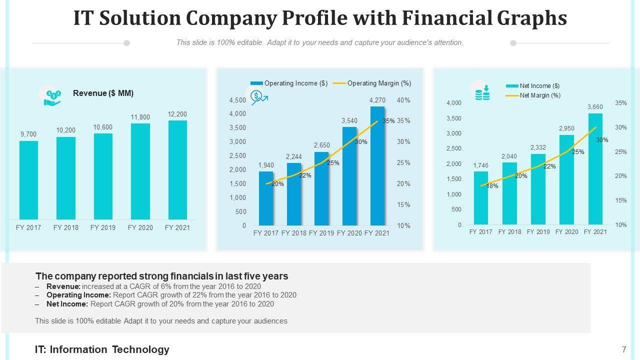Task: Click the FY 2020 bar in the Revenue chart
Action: (x=140, y=171)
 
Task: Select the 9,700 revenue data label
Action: (x=28, y=134)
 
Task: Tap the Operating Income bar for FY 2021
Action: (x=377, y=166)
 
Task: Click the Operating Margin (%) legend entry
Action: (x=378, y=83)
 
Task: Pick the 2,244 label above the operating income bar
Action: (x=294, y=157)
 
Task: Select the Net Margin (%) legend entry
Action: (x=539, y=95)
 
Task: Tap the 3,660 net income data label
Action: (x=595, y=107)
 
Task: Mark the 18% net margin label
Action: (x=492, y=186)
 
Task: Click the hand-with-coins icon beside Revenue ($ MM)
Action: (x=52, y=95)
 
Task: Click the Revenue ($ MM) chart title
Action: (x=103, y=93)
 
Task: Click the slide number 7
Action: (x=624, y=349)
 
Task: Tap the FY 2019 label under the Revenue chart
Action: (x=103, y=227)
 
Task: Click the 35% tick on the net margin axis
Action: (x=620, y=103)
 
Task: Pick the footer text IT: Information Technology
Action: (x=102, y=349)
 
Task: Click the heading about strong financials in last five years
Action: (x=161, y=276)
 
